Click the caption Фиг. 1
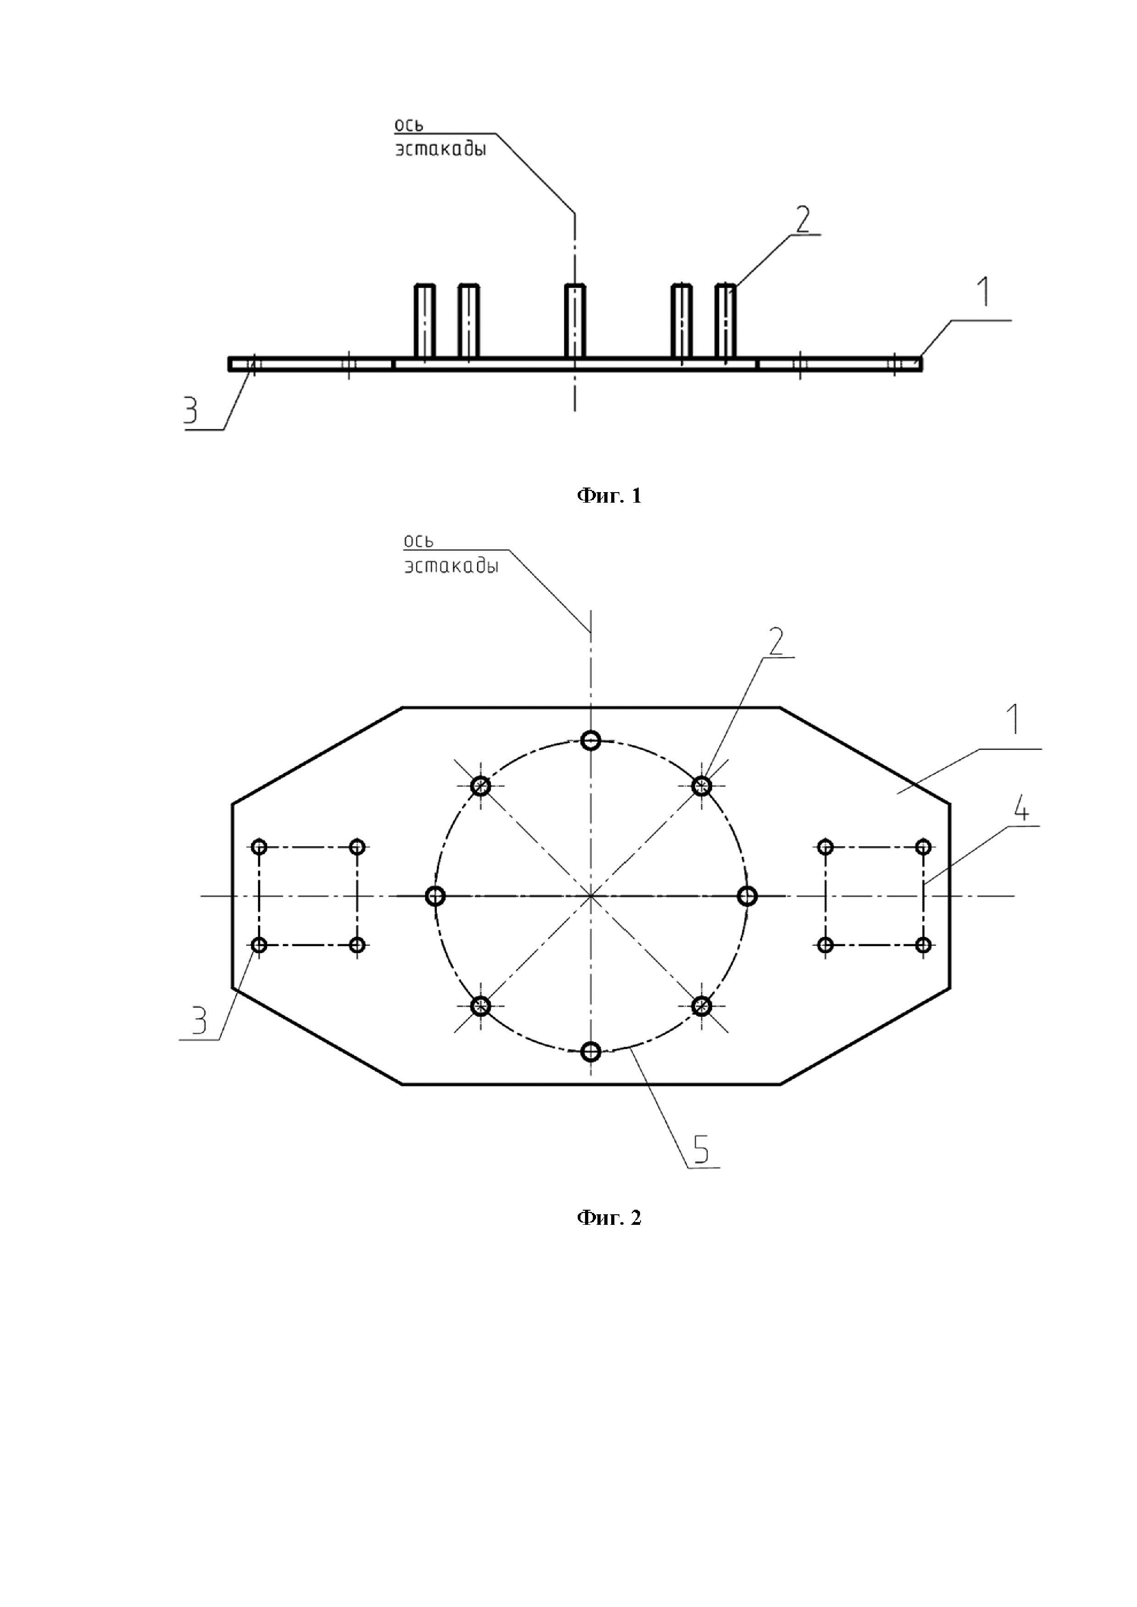608,496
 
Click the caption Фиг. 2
608,1218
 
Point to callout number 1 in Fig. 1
984,292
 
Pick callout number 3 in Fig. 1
190,411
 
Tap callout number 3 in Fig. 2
199,1021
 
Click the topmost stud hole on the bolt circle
591,740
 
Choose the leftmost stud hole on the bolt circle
436,896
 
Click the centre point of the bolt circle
591,896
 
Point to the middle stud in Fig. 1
575,321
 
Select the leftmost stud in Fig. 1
424,321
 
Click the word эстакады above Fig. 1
441,149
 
